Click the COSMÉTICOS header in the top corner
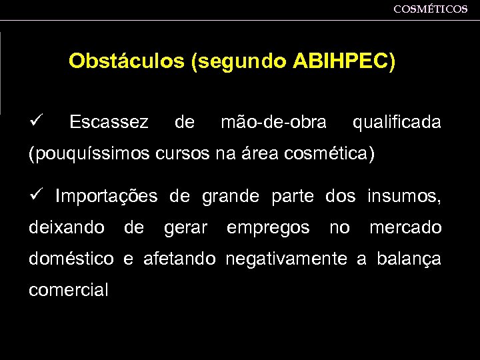click(430, 9)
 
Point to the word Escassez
click(109, 123)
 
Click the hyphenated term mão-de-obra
click(273, 123)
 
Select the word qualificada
click(396, 123)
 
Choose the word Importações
click(107, 197)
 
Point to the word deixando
click(67, 229)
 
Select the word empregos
click(268, 229)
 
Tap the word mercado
click(405, 228)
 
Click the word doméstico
click(71, 259)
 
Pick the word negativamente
click(287, 259)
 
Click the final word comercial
click(69, 291)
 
